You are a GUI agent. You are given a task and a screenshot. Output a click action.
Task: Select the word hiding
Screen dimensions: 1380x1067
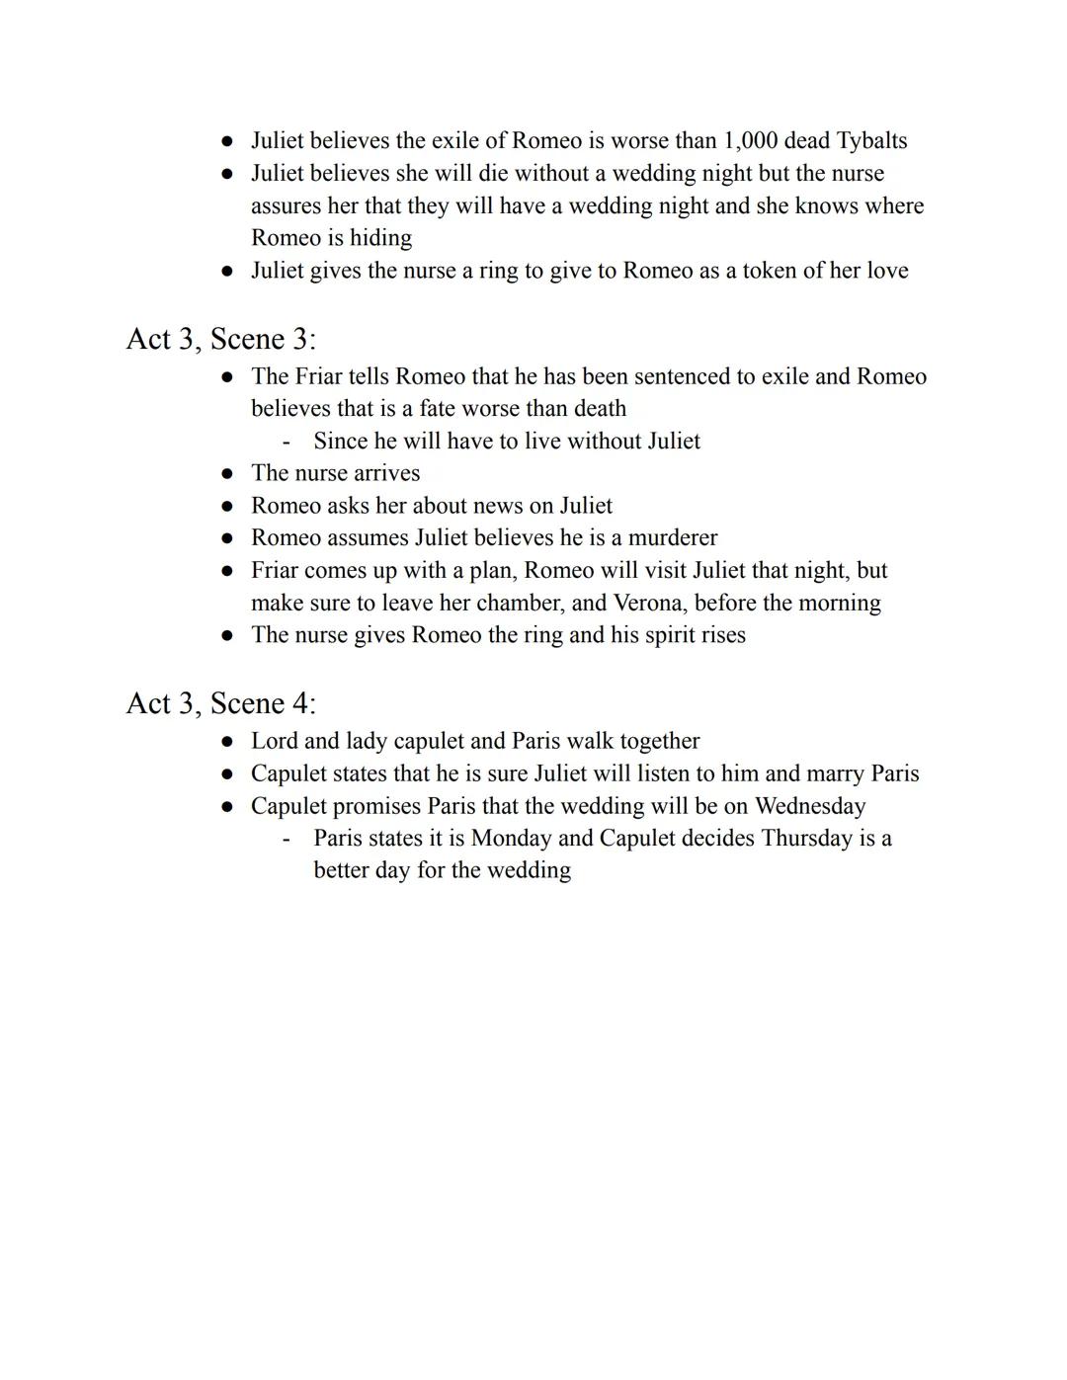380,238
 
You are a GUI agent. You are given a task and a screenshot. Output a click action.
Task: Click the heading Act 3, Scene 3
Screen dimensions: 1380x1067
220,339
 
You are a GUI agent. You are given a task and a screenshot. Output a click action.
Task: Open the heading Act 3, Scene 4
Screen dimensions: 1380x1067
220,703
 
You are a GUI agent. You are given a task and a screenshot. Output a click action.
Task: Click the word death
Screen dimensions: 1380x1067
600,409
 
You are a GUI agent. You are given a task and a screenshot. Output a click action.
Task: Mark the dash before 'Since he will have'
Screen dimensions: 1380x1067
287,442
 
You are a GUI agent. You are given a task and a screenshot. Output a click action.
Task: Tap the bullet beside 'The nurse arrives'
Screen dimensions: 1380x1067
227,474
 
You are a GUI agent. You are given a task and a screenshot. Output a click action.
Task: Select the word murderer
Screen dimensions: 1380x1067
673,538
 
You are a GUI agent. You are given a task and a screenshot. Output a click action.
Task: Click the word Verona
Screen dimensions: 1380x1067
648,603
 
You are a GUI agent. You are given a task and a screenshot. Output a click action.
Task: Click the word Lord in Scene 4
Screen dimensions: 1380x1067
274,741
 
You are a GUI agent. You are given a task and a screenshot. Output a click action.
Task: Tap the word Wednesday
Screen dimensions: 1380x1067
810,806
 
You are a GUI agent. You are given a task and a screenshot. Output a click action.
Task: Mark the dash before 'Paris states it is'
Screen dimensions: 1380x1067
287,839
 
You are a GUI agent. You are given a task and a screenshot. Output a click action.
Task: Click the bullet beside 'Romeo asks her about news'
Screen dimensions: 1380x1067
227,506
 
